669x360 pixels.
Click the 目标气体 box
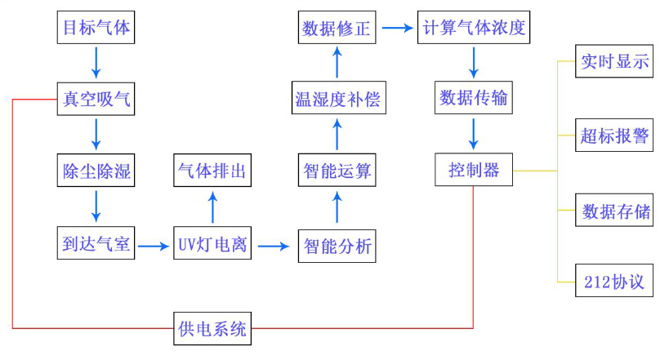click(x=96, y=29)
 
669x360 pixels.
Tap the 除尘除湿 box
click(x=96, y=171)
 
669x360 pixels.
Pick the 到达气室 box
click(x=96, y=245)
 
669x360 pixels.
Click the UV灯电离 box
click(x=212, y=245)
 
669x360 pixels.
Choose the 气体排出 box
click(x=212, y=171)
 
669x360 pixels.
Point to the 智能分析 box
click(x=337, y=245)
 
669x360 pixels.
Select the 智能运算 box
click(x=337, y=171)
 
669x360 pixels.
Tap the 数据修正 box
click(x=337, y=29)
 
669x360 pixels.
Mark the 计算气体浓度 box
click(x=475, y=29)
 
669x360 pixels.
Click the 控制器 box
click(x=474, y=170)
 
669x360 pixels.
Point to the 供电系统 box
click(x=212, y=330)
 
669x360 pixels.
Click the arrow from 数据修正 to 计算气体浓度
click(x=398, y=29)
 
